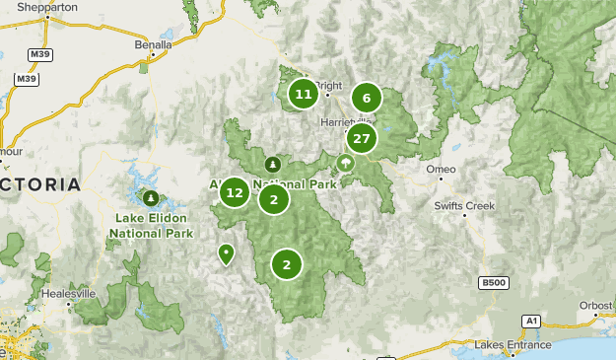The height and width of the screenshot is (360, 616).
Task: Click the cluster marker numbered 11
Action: click(x=304, y=95)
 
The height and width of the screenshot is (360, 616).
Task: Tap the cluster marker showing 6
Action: click(x=367, y=98)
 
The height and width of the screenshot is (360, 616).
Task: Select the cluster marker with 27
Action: click(x=362, y=139)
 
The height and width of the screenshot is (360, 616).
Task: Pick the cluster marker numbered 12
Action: click(x=235, y=192)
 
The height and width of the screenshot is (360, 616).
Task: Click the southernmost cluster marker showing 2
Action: click(x=287, y=264)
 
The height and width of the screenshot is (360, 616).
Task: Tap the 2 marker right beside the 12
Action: click(x=274, y=200)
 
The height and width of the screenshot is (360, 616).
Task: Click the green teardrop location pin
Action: click(x=227, y=253)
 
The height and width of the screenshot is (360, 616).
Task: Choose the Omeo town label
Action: click(x=441, y=170)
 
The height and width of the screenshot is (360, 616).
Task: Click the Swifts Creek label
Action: click(x=465, y=205)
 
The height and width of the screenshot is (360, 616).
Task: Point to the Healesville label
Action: click(x=69, y=294)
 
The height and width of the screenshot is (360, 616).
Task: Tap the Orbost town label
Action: click(x=595, y=305)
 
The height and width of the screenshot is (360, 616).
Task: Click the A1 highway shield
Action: click(x=531, y=321)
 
